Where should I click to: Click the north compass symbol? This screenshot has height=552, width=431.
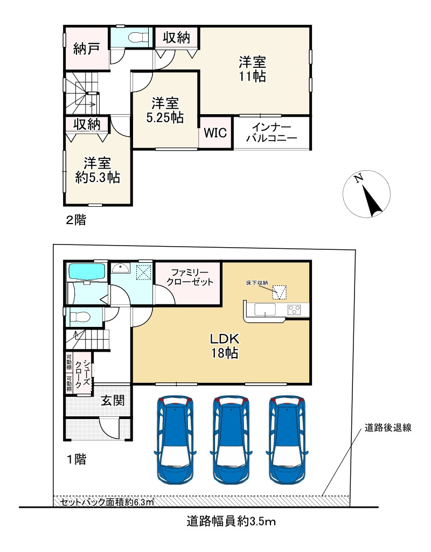click(366, 194)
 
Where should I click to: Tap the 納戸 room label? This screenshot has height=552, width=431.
click(86, 48)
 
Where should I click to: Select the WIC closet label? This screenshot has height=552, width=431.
click(215, 133)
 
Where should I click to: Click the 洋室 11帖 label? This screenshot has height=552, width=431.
click(253, 69)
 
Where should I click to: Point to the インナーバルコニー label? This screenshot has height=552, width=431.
click(272, 132)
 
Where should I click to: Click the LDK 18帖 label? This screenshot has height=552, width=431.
click(225, 346)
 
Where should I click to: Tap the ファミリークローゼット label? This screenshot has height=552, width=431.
click(190, 277)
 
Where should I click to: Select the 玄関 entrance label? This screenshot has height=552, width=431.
click(113, 400)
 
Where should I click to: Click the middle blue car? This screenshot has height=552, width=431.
click(231, 439)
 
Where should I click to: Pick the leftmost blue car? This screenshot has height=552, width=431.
click(175, 439)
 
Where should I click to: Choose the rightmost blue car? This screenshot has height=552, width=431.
click(287, 439)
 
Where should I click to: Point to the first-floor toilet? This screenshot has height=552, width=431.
click(81, 318)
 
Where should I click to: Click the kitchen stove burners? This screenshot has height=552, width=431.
click(295, 310)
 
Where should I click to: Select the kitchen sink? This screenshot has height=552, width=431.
click(265, 310)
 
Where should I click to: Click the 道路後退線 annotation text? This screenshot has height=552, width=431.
click(388, 428)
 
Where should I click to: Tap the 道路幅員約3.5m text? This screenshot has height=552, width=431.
click(231, 521)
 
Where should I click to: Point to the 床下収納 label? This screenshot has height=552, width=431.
click(257, 283)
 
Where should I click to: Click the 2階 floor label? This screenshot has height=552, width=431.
click(76, 220)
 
